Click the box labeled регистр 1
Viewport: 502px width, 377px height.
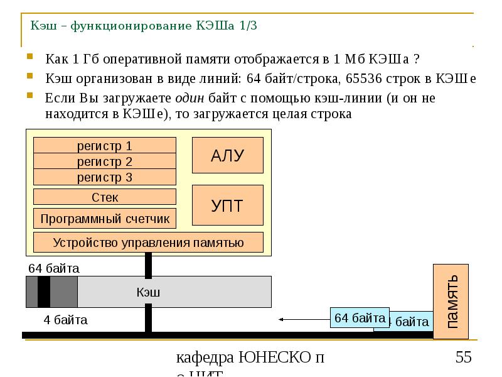104,146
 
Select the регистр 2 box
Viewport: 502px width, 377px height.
104,161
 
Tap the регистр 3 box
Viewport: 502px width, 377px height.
104,177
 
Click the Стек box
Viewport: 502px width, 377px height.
104,197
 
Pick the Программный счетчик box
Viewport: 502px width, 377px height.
104,219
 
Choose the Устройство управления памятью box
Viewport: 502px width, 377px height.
148,243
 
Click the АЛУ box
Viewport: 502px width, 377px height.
227,156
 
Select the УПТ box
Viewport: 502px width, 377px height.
227,205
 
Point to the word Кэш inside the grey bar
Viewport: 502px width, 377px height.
149,292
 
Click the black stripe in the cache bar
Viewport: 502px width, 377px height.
43,292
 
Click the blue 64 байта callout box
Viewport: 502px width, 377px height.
360,318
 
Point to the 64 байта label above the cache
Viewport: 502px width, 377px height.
54,268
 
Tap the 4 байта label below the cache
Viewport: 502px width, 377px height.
65,320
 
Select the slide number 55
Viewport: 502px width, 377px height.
463,358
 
